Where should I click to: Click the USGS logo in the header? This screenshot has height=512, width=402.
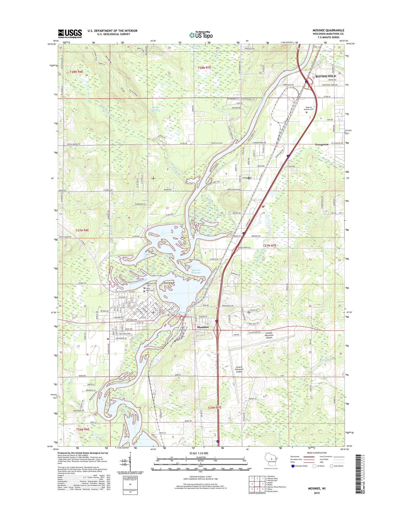70,34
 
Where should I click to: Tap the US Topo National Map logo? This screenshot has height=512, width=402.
201,35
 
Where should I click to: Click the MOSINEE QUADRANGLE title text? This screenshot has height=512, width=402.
328,30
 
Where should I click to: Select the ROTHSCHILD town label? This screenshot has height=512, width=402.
325,76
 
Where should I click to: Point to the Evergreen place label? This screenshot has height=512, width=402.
322,145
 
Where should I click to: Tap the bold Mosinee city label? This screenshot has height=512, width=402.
203,327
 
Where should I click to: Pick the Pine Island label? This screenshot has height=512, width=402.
169,283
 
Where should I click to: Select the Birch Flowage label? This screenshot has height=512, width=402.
155,109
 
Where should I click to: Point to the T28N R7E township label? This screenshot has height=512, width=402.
204,68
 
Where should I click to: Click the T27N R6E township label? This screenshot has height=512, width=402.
82,230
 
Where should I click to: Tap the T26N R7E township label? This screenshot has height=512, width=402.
215,407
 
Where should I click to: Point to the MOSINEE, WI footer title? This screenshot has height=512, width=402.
317,496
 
